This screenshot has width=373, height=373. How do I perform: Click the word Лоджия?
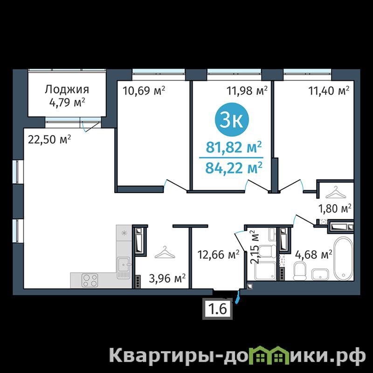[67, 90]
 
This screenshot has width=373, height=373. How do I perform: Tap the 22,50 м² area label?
[49, 139]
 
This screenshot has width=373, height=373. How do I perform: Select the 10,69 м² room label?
[144, 90]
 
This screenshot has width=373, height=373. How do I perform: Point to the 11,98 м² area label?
[247, 90]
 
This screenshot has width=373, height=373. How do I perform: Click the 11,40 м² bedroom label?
[329, 90]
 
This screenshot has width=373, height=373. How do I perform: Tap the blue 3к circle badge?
[232, 120]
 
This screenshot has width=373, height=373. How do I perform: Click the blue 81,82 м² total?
[234, 147]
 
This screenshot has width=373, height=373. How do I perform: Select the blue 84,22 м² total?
[234, 168]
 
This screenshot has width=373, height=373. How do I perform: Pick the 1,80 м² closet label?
[335, 208]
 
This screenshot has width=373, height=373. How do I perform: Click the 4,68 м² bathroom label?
[313, 255]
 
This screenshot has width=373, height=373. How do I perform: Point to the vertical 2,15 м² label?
[255, 247]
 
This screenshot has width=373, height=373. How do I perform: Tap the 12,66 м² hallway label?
[218, 255]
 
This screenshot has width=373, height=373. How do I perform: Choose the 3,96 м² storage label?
[167, 278]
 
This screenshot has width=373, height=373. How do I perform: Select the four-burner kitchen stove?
[90, 280]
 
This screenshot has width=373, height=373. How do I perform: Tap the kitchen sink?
[123, 268]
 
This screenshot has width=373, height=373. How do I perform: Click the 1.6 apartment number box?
[217, 309]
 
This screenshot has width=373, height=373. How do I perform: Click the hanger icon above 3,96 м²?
[165, 252]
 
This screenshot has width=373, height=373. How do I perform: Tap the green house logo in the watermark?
[268, 355]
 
